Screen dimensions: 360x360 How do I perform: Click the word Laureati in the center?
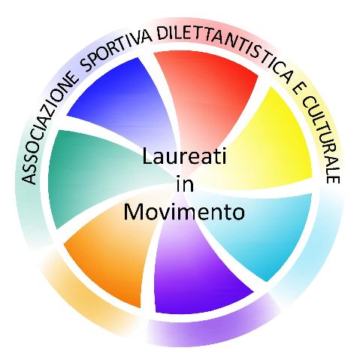pyautogui.click(x=184, y=156)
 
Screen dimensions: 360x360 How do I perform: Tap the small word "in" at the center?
pyautogui.click(x=185, y=185)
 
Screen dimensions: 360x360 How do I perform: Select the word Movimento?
pyautogui.click(x=184, y=212)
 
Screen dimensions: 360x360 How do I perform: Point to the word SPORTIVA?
pyautogui.click(x=116, y=51)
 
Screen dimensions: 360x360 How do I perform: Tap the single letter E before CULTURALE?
pyautogui.click(x=298, y=88)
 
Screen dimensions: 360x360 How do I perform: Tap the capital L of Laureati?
pyautogui.click(x=147, y=156)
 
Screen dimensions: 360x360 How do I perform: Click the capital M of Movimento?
pyautogui.click(x=134, y=212)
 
